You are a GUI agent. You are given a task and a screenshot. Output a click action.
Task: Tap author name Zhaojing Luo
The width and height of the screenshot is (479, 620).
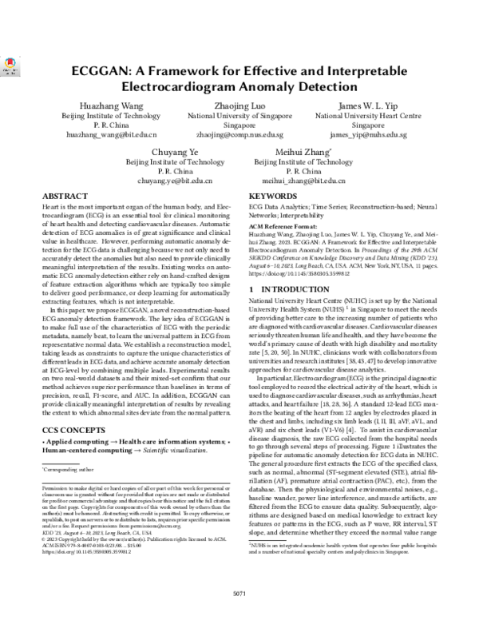[239, 105]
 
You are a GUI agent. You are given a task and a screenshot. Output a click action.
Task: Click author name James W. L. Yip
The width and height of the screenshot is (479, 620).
[368, 105]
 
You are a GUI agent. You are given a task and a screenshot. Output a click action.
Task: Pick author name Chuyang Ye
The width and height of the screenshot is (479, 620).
[174, 151]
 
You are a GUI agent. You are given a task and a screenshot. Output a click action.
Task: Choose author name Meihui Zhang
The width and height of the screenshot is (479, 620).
[303, 151]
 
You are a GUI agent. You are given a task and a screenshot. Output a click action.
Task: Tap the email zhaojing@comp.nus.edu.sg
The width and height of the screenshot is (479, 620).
[239, 136]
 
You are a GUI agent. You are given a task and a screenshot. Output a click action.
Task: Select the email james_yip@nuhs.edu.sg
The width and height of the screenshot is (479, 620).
[368, 136]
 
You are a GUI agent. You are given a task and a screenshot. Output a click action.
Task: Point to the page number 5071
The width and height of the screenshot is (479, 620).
[239, 594]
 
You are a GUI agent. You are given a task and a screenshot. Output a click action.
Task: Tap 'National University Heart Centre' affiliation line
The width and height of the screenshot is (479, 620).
[368, 116]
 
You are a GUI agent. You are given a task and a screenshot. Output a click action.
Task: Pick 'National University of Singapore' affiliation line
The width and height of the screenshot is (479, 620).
[239, 116]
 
